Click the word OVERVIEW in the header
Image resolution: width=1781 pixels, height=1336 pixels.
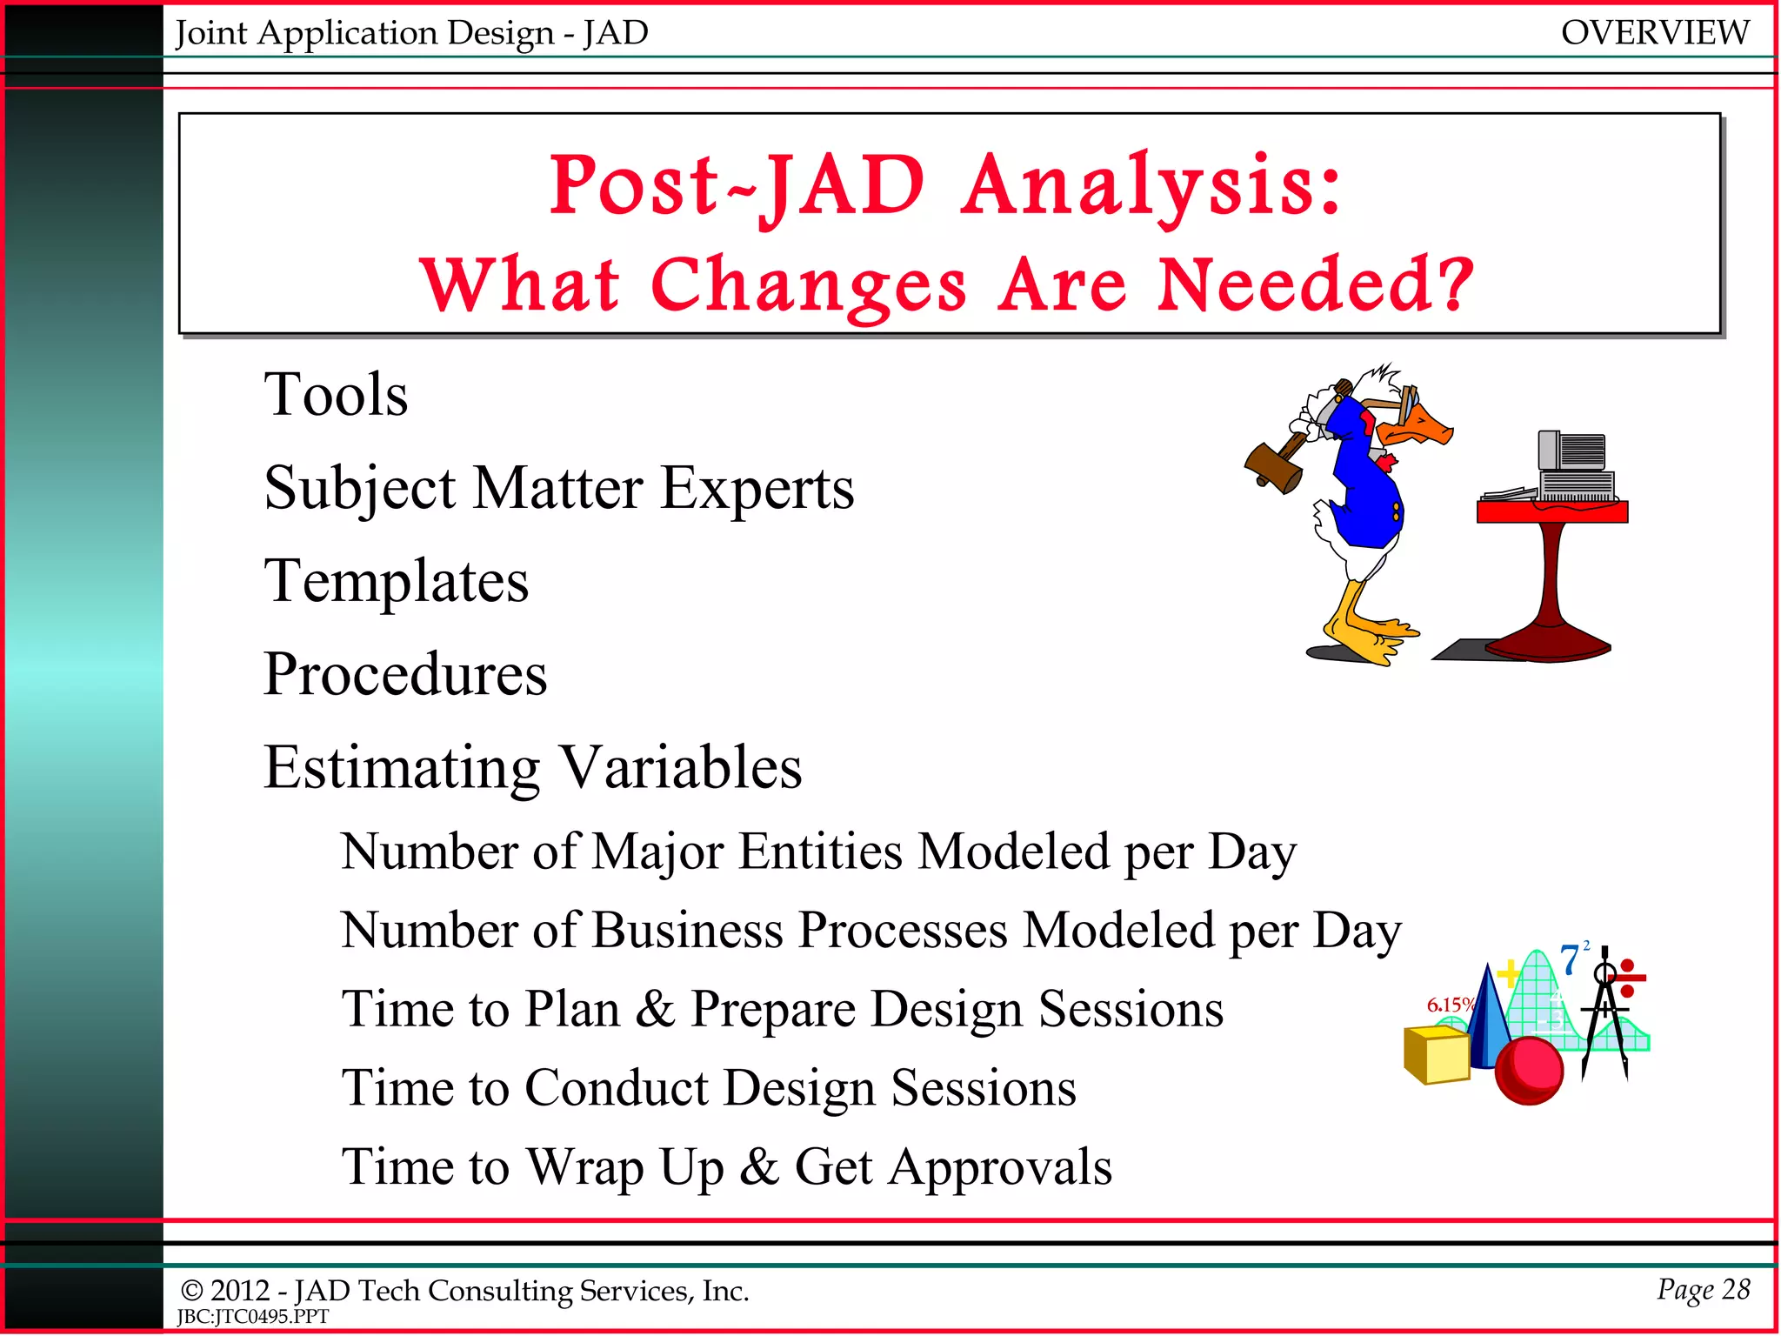coord(1654,33)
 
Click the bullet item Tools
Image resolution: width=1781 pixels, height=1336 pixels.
coord(336,395)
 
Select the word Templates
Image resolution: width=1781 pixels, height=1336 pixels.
coord(397,581)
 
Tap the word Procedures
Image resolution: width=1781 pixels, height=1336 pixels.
coord(405,674)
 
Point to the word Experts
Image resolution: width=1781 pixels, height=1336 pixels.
coord(757,489)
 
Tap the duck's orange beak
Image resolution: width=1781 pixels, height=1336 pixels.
coord(1426,428)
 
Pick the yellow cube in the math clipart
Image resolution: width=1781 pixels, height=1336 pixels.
coord(1437,1054)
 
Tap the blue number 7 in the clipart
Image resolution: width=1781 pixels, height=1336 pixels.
coord(1570,961)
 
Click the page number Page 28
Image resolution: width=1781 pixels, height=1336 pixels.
coord(1703,1289)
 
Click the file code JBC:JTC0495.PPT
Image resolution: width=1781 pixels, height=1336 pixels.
coord(252,1317)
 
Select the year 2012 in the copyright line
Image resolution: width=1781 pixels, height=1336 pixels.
coord(239,1291)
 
